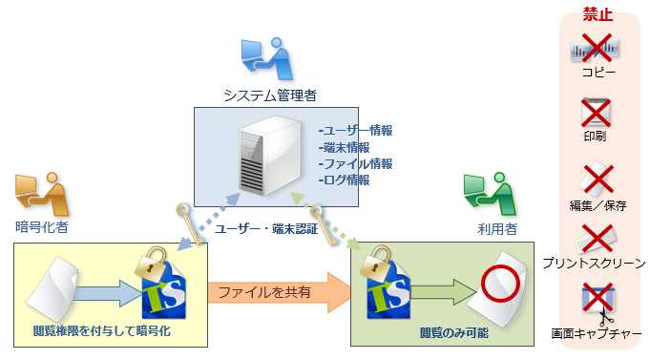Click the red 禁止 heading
click(x=598, y=14)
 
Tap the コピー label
click(x=598, y=72)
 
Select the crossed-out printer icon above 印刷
click(x=597, y=113)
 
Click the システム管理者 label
click(x=270, y=95)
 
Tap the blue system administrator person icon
click(x=265, y=58)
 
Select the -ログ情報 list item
click(x=344, y=180)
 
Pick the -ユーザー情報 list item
click(x=355, y=130)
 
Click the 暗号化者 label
click(x=42, y=227)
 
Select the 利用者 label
click(x=497, y=229)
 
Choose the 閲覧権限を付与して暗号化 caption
click(x=100, y=331)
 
